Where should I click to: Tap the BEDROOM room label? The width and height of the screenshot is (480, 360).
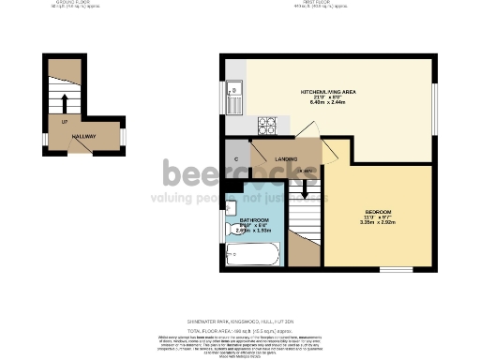click(x=378, y=212)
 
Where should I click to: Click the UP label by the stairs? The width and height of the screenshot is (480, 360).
click(x=64, y=123)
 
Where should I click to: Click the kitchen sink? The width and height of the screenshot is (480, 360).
click(x=235, y=94)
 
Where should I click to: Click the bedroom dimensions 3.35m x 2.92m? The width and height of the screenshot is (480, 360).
click(x=378, y=224)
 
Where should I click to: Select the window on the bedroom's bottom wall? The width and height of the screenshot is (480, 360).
click(x=392, y=270)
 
